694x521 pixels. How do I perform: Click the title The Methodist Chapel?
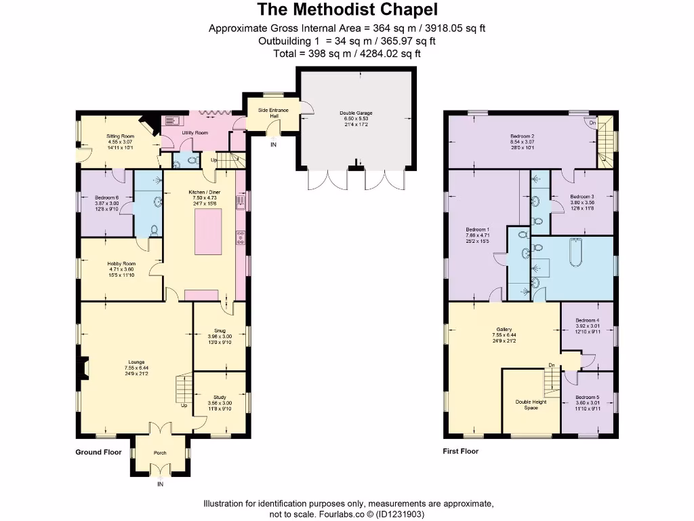click(x=347, y=9)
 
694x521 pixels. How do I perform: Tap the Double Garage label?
click(x=356, y=113)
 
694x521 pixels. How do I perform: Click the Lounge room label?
click(x=134, y=362)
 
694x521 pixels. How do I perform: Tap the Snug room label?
click(x=220, y=330)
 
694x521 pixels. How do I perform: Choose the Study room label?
click(x=220, y=398)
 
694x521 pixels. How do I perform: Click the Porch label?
click(x=160, y=452)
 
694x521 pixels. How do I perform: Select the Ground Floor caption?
click(x=98, y=452)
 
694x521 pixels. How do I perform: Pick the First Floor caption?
click(x=462, y=451)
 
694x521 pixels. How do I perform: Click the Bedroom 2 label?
click(x=522, y=136)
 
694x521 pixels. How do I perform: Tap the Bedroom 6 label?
click(x=106, y=197)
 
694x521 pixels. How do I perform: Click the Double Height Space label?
click(x=531, y=404)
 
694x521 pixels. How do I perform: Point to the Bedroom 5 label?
click(x=587, y=398)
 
